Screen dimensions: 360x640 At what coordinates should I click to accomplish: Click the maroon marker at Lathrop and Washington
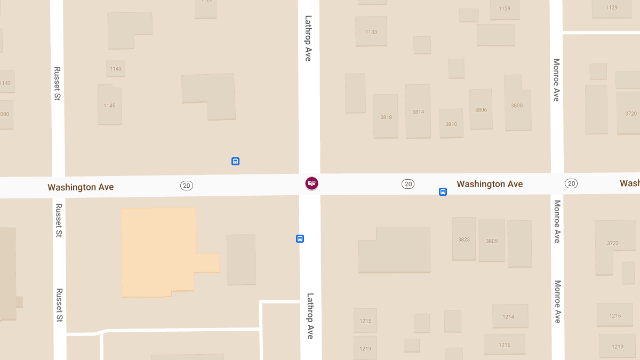tap(311, 183)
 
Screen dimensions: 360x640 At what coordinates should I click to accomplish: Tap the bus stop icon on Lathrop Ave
tap(300, 239)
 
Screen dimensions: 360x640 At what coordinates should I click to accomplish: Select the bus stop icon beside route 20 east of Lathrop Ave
tap(443, 191)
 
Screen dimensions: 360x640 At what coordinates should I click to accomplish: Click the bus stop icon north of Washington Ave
tap(235, 161)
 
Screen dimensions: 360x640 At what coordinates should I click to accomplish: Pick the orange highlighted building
tap(160, 251)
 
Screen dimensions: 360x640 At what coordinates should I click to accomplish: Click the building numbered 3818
tap(386, 117)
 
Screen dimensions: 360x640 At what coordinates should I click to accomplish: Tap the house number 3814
tap(418, 112)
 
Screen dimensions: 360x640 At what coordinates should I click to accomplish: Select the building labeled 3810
tap(451, 124)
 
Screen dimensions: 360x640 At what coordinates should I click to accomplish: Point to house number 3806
tap(481, 110)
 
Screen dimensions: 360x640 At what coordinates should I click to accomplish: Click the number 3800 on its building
tap(517, 106)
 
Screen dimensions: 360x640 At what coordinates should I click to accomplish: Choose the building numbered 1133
tap(371, 32)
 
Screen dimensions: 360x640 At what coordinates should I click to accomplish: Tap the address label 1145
tap(109, 106)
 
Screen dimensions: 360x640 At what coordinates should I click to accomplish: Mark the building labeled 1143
tap(116, 69)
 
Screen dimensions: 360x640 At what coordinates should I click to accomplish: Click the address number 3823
tap(464, 239)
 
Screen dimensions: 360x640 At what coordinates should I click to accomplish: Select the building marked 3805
tap(492, 241)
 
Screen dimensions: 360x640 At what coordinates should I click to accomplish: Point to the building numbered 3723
tap(613, 243)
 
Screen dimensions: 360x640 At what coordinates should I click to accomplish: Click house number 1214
tap(508, 317)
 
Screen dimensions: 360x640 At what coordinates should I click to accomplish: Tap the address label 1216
tap(505, 345)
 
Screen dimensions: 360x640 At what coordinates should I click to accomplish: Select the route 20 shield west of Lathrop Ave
tap(186, 186)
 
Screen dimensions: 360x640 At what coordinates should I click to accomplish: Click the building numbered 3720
tap(631, 114)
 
